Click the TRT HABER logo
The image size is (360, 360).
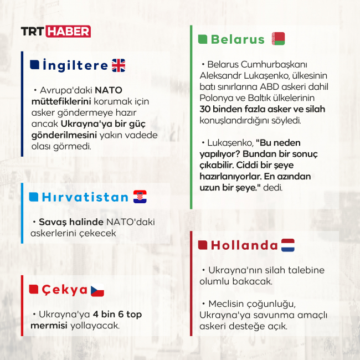point(55,32)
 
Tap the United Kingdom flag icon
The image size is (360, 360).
point(119,65)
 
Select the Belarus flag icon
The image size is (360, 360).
point(278,39)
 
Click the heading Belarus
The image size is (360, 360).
point(238,39)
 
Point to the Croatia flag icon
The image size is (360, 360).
point(140,197)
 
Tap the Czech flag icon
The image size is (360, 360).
point(97,289)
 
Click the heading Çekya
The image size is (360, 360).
point(64,289)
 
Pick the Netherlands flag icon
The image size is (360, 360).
point(288,245)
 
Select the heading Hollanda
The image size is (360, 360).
point(244,245)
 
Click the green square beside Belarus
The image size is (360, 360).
point(203,39)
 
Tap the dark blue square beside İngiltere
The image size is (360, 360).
point(34,65)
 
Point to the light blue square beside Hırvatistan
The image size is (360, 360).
point(34,197)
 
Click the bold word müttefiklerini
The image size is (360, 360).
point(59,101)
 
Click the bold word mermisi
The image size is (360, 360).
point(49,325)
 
